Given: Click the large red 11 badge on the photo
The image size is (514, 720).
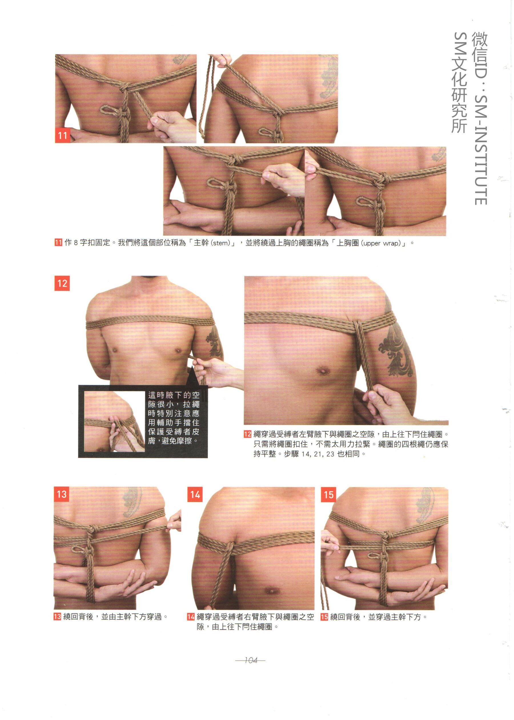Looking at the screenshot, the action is coord(63,135).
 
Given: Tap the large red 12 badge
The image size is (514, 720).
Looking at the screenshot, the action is coord(62,283).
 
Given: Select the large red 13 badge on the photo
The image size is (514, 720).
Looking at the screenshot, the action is coord(61,494).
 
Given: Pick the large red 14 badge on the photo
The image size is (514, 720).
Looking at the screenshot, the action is coord(195,494).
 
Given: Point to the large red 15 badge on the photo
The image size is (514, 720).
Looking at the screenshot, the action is coord(328,494).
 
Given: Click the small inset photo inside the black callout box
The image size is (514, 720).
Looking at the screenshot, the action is coord(115,421).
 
